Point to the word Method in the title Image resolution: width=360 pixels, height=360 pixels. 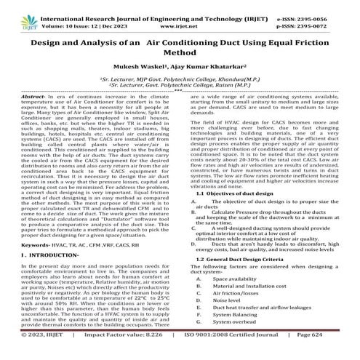coord(179,52)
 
